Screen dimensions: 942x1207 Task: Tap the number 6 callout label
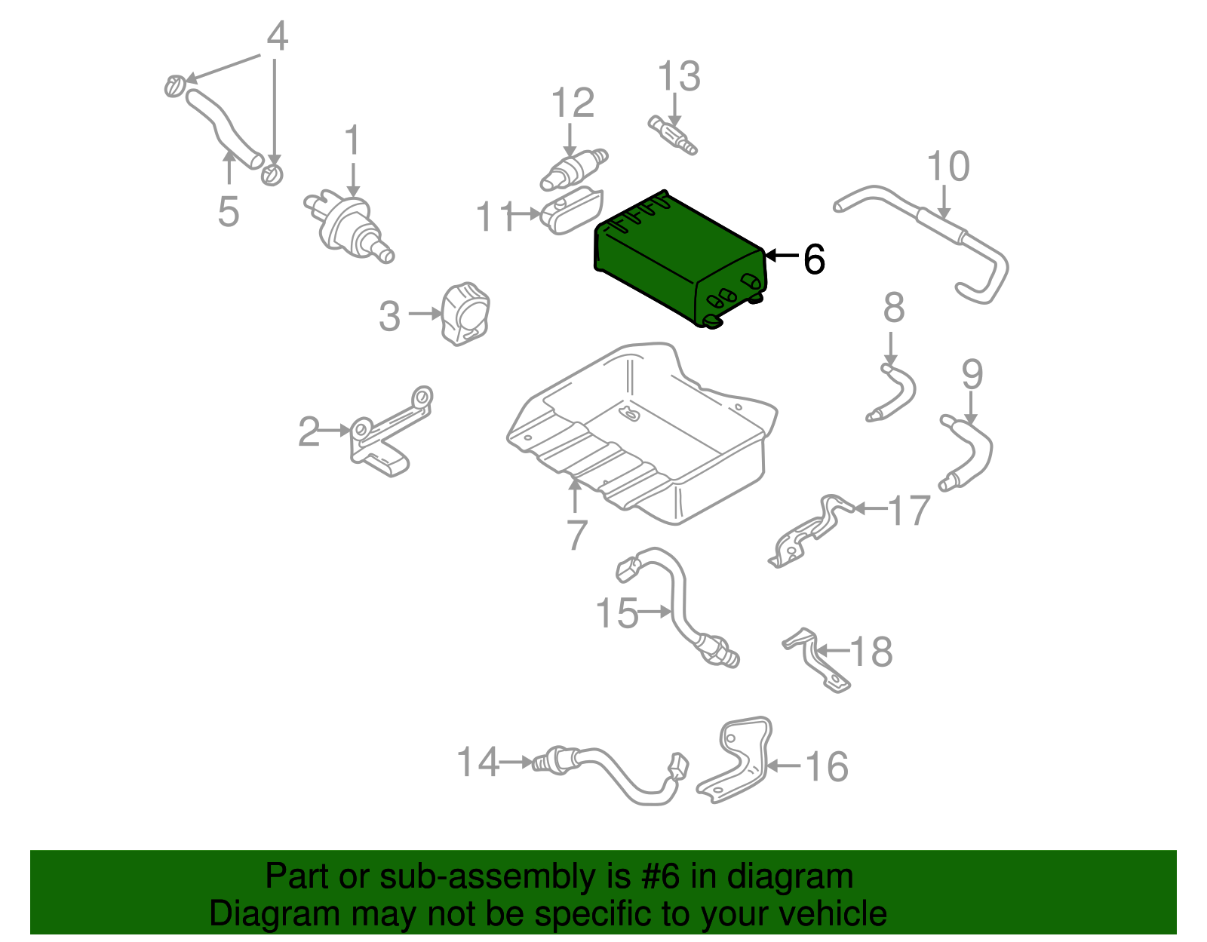pyautogui.click(x=814, y=259)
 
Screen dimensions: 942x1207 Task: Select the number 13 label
pyautogui.click(x=679, y=76)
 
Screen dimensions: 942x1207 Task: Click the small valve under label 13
pyautogui.click(x=672, y=134)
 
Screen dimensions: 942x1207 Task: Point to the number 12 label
pyautogui.click(x=573, y=103)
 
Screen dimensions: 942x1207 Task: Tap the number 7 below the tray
pyautogui.click(x=576, y=535)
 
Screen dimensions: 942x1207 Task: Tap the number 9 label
pyautogui.click(x=972, y=373)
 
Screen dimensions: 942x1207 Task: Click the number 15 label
pyautogui.click(x=616, y=613)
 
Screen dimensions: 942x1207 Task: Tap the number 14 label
pyautogui.click(x=478, y=762)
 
